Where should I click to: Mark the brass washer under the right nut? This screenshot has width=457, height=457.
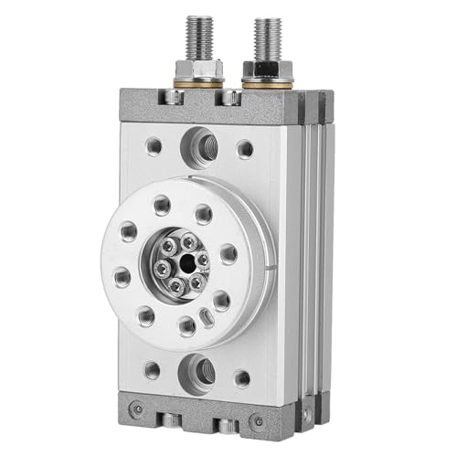(268, 83)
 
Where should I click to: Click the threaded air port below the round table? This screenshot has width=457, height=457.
(197, 371)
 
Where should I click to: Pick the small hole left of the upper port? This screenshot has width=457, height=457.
(155, 143)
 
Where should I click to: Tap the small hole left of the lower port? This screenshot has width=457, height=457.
(152, 369)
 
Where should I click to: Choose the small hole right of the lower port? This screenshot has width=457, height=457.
(241, 377)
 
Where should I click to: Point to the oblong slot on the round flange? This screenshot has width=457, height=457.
(207, 318)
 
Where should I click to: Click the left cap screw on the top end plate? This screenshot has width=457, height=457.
(170, 97)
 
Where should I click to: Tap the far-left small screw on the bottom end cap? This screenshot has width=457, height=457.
(136, 408)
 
